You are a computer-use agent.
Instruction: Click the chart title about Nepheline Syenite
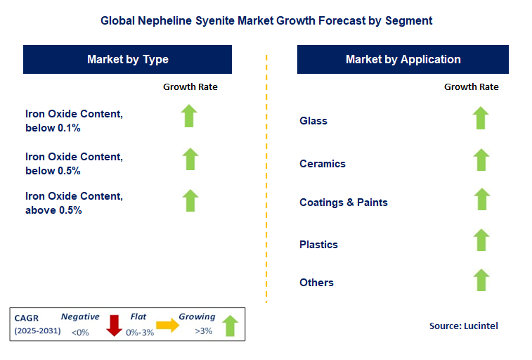tap(266, 20)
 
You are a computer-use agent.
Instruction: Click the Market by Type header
tap(127, 59)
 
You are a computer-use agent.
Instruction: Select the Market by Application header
tap(403, 59)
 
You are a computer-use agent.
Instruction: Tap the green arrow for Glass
tap(480, 118)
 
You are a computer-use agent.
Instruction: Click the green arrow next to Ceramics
tap(480, 160)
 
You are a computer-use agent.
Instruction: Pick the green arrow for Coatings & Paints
tap(481, 199)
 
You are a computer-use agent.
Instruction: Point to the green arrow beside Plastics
tap(481, 240)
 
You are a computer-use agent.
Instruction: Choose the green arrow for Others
tap(481, 280)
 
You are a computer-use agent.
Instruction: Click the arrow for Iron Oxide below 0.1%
tap(189, 116)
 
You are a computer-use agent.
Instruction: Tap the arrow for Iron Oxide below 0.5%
tap(190, 159)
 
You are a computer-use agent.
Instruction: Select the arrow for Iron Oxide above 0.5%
tap(190, 200)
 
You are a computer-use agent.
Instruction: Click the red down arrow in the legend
tap(114, 326)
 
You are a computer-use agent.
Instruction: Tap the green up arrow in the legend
tap(230, 326)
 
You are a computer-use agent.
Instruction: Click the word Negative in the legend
tap(79, 316)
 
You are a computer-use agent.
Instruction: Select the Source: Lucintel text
tap(463, 326)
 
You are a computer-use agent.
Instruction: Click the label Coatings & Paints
tap(344, 202)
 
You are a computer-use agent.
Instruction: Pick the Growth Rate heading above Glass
tap(471, 86)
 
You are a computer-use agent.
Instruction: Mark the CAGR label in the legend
tap(27, 317)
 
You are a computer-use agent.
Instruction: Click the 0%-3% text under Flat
tap(139, 332)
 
